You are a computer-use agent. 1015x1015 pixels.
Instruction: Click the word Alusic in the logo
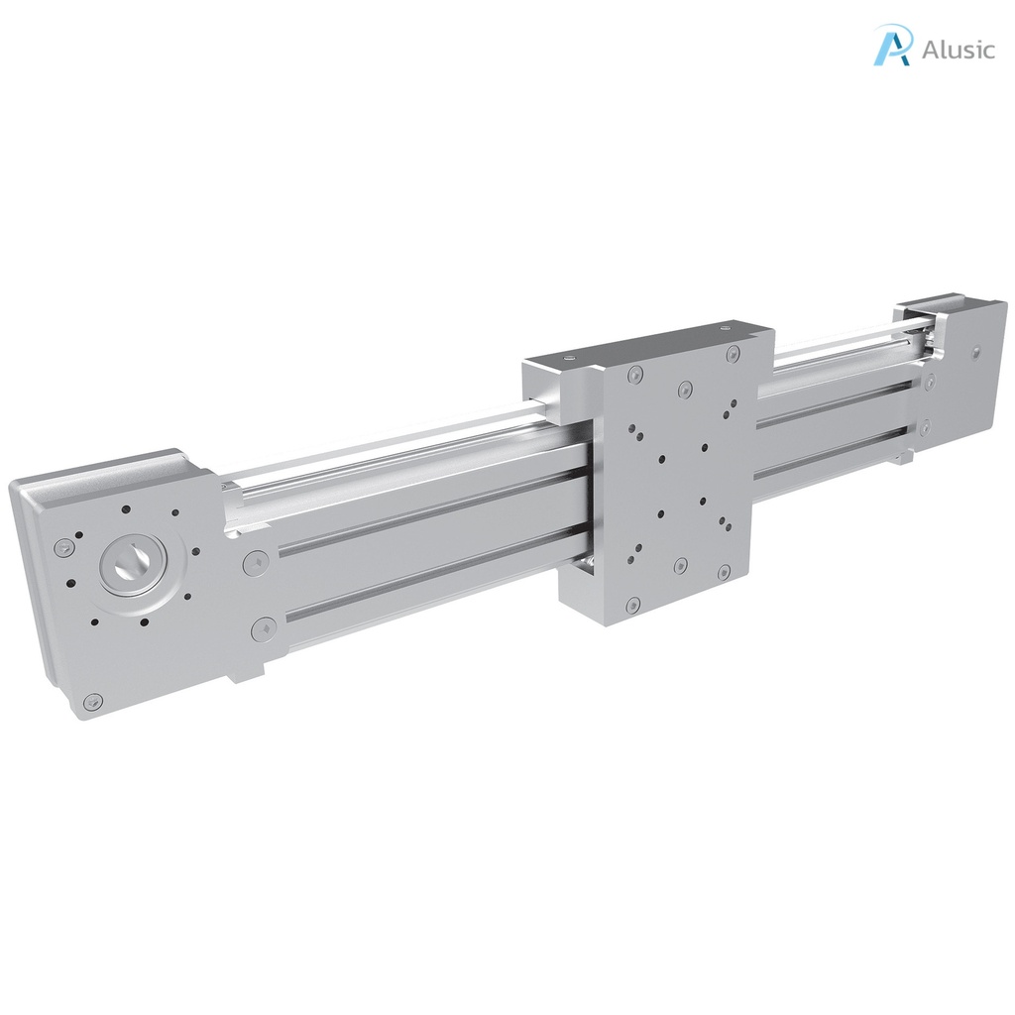(958, 50)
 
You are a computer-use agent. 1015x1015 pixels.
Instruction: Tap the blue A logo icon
(892, 46)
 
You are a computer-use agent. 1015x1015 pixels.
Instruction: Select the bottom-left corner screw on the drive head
(93, 701)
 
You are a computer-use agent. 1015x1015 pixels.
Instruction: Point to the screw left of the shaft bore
(64, 545)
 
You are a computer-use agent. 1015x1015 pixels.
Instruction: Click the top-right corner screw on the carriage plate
(733, 353)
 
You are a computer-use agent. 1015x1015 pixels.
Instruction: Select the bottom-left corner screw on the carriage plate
(631, 604)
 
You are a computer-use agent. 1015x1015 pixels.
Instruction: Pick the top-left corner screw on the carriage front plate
(634, 374)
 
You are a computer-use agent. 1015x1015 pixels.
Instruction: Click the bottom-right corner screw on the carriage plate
(724, 573)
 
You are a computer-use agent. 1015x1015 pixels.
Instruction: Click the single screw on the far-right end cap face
(977, 351)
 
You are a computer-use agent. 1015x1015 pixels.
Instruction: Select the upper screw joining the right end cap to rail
(930, 381)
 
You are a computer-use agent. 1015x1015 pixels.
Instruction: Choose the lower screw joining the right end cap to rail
(924, 428)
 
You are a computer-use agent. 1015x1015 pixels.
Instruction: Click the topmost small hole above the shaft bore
(126, 509)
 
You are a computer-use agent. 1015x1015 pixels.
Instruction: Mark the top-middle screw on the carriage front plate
(682, 388)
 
